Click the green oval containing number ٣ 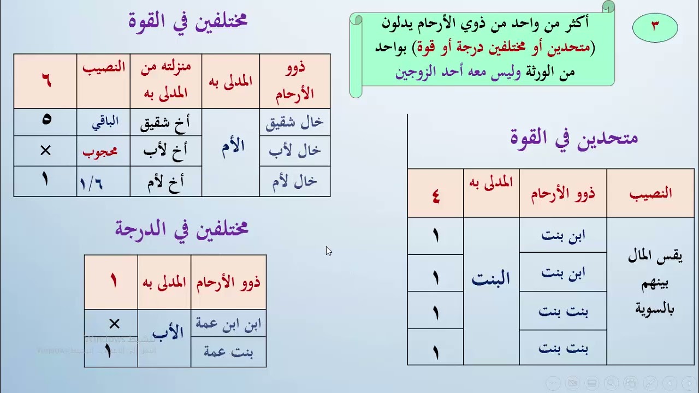point(655,26)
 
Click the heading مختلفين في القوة point(188,21)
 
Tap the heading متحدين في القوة point(574,136)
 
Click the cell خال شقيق point(295,123)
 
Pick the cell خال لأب point(295,151)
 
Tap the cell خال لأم point(295,182)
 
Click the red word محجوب point(100,151)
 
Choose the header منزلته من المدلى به point(166,80)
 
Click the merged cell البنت point(491,279)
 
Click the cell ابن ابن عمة point(228,324)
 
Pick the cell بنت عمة point(228,352)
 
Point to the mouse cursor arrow point(328,251)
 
